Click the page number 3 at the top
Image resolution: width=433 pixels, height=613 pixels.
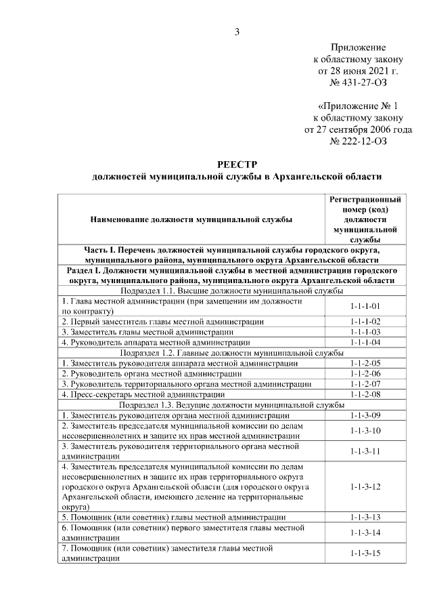(237, 30)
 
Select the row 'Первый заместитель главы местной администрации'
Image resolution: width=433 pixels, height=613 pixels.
(162, 322)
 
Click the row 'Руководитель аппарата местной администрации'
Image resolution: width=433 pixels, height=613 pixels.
(156, 343)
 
